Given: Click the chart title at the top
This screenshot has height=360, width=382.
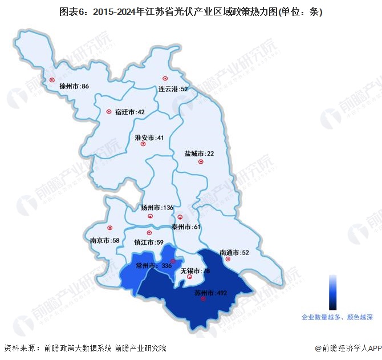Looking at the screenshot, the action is (x=191, y=10).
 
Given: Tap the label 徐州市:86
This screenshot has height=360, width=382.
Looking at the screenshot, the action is (x=74, y=86).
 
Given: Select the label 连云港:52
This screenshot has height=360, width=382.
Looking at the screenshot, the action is (x=173, y=89).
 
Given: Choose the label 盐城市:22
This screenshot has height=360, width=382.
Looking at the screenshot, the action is (x=198, y=153).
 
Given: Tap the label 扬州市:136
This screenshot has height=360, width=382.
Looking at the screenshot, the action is (x=157, y=208).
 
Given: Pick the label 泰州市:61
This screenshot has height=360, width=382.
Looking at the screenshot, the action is (x=186, y=227).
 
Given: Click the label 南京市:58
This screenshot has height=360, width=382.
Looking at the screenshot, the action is (x=104, y=241).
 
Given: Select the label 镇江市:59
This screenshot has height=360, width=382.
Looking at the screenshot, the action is (x=148, y=242).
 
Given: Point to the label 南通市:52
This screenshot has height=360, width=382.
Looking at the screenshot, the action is (x=234, y=252).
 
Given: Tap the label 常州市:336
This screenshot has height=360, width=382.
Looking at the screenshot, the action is (x=154, y=265).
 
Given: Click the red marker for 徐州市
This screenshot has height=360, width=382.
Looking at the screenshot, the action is (x=52, y=80).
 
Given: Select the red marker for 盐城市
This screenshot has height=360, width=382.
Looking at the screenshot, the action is (x=201, y=162).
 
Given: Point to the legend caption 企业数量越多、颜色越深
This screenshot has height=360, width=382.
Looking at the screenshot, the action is (x=337, y=316).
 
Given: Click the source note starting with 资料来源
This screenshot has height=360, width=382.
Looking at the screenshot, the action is (x=85, y=348).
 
